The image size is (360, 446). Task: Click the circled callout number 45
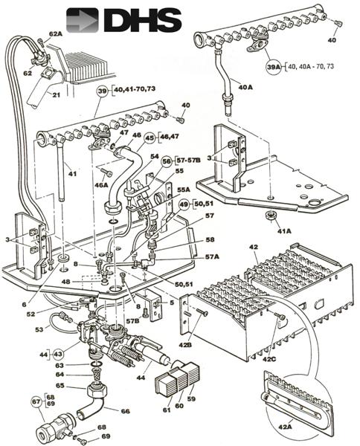click(150, 138)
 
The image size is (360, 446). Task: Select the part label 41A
click(284, 230)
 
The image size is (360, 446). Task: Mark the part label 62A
click(56, 34)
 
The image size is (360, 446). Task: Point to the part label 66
click(124, 410)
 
